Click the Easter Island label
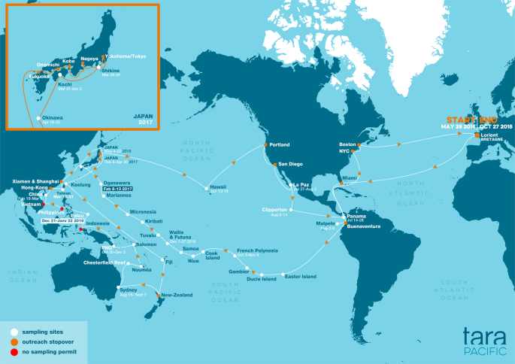click(300, 275)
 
